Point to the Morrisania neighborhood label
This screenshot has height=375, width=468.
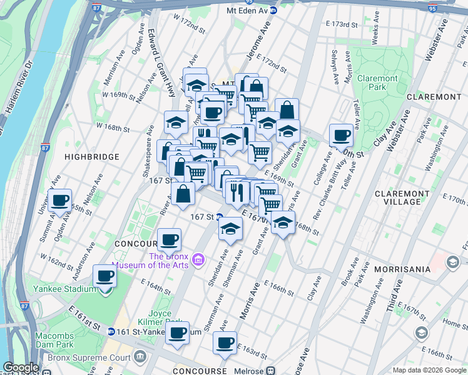(402, 269)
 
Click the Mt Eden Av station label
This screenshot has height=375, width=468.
(252, 11)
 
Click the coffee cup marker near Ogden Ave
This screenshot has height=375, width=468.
(60, 201)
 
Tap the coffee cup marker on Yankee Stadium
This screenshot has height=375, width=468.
(104, 276)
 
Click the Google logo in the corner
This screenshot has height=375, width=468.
(21, 367)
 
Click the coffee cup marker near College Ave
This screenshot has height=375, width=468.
(342, 135)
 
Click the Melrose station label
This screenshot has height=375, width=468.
(248, 371)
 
